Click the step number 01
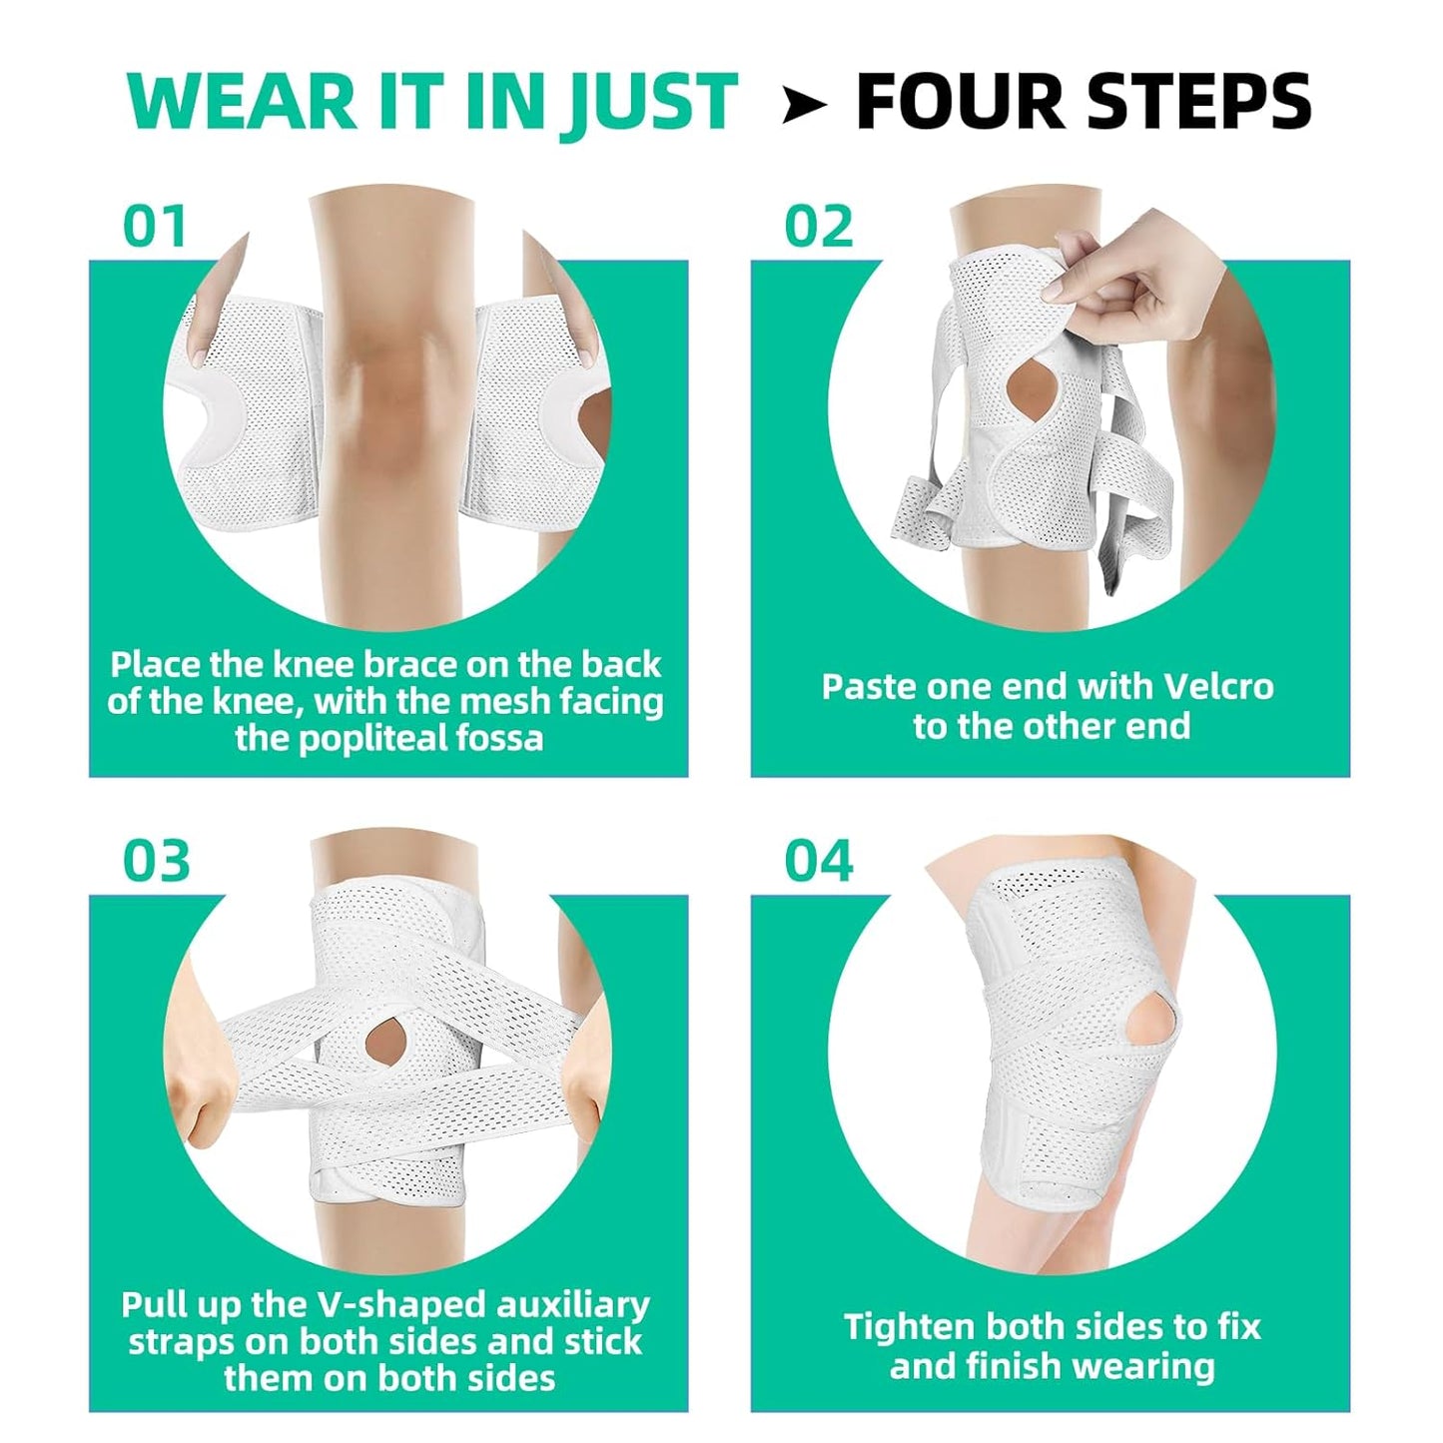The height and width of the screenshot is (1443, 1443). coord(155,226)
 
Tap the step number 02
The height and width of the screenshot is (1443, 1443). coord(818,226)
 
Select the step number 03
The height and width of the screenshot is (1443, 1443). coord(156,861)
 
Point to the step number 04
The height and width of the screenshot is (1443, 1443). coord(818,861)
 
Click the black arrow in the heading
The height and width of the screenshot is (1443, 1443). coord(804,103)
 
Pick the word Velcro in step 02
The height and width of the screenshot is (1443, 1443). coord(1218,687)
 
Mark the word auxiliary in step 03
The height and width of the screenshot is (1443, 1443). coord(572,1305)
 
